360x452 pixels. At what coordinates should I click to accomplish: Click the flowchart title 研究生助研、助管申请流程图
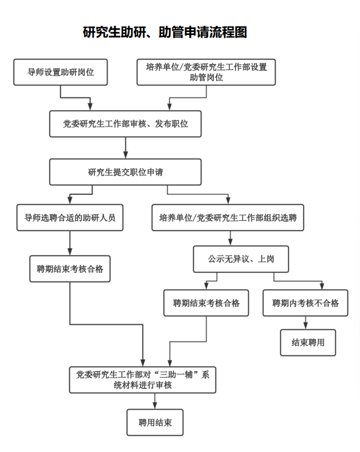coord(165,32)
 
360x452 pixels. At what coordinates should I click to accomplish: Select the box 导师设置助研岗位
coord(61,72)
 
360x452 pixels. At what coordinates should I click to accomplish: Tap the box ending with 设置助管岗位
coord(206,72)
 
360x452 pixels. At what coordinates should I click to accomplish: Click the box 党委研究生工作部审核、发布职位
coord(125,123)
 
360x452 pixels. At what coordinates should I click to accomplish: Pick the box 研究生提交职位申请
coord(125,172)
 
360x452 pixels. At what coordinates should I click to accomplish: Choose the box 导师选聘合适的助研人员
coord(70,218)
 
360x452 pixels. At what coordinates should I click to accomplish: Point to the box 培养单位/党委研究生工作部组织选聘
coord(227,218)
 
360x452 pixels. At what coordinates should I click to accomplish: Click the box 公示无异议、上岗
coord(241,259)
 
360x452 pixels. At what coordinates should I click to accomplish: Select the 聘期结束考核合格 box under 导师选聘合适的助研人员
coord(70,269)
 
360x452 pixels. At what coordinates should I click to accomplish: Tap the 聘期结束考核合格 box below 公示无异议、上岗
coord(206,303)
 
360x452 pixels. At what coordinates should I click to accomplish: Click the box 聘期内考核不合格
coord(305,303)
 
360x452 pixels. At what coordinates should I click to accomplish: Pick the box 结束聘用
coord(308,342)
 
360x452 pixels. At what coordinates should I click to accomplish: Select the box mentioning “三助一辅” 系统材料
coord(142,380)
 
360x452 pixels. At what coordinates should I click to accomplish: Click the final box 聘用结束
coord(155,422)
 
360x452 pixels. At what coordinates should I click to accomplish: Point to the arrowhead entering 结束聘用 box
coord(306,326)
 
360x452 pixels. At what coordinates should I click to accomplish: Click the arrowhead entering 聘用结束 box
coord(155,405)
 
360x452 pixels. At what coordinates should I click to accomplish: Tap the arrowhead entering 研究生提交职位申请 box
coord(125,156)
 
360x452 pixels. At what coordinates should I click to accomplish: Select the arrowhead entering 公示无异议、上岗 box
coord(231,243)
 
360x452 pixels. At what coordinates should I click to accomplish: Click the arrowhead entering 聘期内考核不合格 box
coord(322,286)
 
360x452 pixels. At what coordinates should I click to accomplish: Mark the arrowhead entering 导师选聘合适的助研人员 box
coord(70,201)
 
